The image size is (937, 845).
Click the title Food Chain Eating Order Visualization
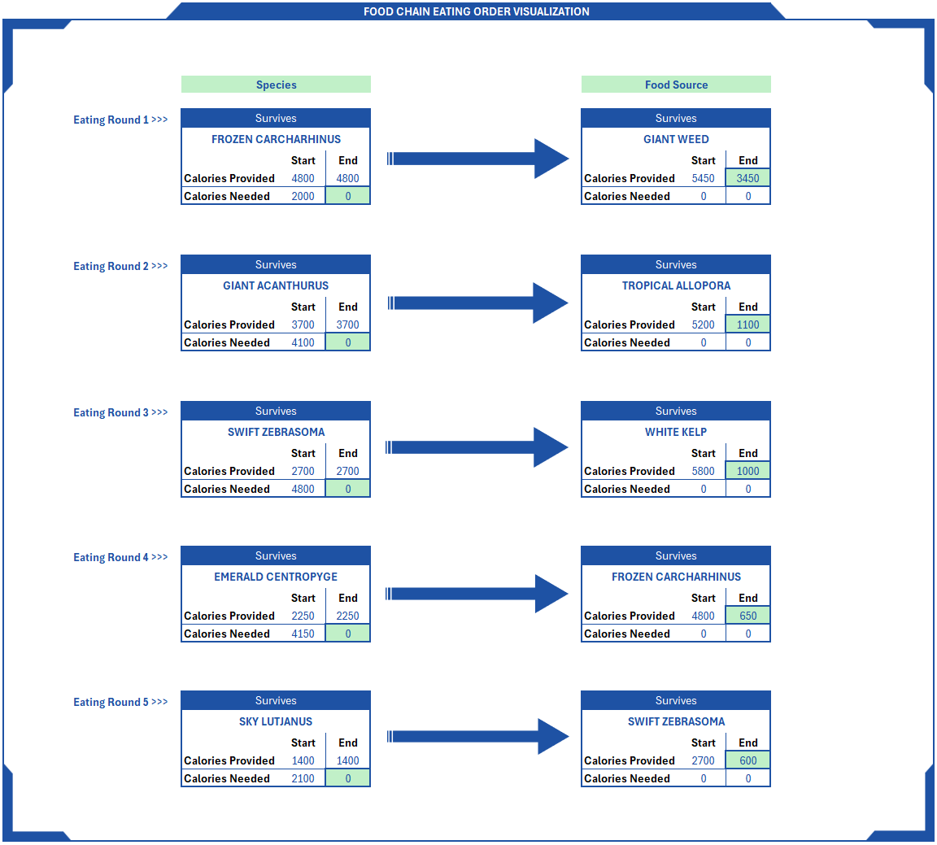coord(476,11)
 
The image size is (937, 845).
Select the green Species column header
coord(276,85)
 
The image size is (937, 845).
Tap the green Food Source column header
coord(676,85)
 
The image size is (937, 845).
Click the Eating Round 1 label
coord(120,120)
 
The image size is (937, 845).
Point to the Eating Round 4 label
coord(120,557)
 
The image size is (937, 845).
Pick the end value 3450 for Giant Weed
coord(747,178)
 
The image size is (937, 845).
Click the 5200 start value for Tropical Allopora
coord(703,324)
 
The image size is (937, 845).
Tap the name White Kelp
coord(676,432)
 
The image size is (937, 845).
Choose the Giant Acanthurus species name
coord(276,285)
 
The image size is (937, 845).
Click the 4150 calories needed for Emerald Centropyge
coord(303,634)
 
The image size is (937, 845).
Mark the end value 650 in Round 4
coord(747,616)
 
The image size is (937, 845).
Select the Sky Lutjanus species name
coord(276,721)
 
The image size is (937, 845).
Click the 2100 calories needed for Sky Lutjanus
coord(303,778)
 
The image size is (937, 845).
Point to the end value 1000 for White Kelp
coord(747,471)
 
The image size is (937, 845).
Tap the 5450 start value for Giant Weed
coord(703,178)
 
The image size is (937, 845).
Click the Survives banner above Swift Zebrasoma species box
coord(276,411)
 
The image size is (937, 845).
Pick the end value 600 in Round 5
coord(747,760)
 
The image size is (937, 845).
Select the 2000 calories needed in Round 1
coord(303,196)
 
